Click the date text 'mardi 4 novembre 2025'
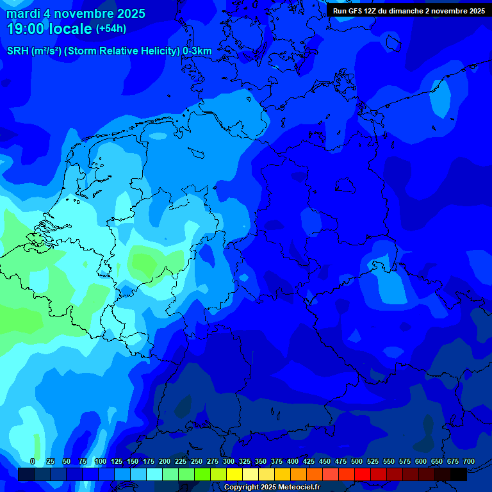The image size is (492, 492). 76,13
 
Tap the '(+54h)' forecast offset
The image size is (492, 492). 111,29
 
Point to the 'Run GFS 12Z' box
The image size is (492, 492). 409,11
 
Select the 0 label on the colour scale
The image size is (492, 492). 33,461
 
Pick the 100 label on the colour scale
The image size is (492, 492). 100,461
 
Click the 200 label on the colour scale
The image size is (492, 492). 164,461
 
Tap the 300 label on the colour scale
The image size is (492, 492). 228,461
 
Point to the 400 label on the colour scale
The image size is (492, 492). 292,461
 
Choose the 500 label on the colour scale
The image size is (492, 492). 356,461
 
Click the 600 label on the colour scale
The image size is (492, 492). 420,461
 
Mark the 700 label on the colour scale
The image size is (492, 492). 468,461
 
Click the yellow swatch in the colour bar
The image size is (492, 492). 234,474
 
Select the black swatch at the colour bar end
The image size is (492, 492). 459,474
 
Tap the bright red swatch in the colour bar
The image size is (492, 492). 363,474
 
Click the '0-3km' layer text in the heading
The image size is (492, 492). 197,51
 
